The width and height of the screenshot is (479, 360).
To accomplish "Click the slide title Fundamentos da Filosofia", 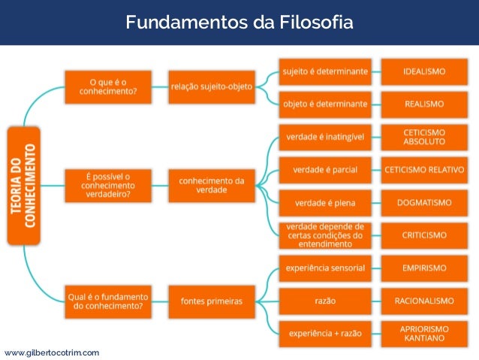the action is [239, 23].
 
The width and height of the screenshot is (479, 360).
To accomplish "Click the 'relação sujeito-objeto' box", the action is [211, 86].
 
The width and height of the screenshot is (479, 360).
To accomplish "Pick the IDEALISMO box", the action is [424, 71].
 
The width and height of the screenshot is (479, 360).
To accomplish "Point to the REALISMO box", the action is [424, 103].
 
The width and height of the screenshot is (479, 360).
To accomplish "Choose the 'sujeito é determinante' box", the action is [325, 71].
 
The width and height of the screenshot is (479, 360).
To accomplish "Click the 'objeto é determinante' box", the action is [325, 103].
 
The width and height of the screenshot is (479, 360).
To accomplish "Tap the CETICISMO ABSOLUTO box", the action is [424, 136].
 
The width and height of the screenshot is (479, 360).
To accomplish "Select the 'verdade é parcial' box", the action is [325, 170].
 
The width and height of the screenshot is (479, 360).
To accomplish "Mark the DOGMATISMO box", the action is [424, 202].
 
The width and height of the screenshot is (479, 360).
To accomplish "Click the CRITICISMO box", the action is [424, 235].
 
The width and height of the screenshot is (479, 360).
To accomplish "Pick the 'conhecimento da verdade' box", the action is [211, 185].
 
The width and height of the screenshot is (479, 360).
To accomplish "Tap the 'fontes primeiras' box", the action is [211, 301].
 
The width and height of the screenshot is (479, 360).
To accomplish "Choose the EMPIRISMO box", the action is [424, 268].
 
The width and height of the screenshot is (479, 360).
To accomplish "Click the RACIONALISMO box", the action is [424, 301].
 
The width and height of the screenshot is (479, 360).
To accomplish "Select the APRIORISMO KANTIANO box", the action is [424, 333].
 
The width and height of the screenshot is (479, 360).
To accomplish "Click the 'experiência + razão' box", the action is [325, 333].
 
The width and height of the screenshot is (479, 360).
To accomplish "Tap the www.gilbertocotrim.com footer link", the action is [52, 352].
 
